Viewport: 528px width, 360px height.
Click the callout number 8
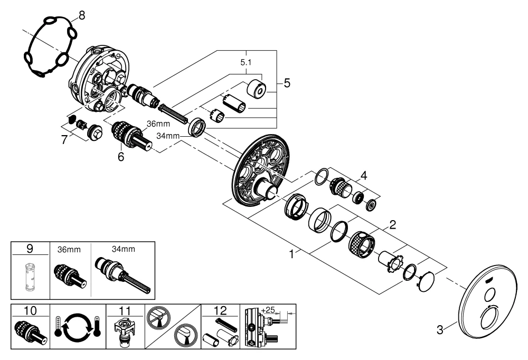pyautogui.click(x=81, y=15)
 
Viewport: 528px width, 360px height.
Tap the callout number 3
pyautogui.click(x=439, y=331)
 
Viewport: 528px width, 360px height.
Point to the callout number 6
pyautogui.click(x=121, y=156)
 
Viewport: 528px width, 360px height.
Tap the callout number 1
pyautogui.click(x=291, y=254)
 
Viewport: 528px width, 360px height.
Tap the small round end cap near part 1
pyautogui.click(x=427, y=281)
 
